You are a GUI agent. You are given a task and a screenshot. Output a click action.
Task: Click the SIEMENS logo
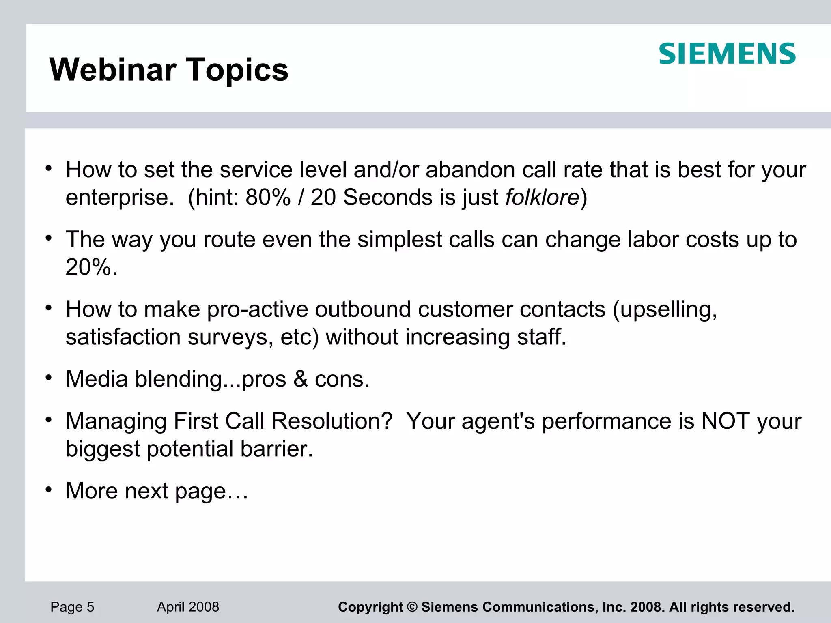727,54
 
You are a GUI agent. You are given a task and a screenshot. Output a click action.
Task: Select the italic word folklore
542,198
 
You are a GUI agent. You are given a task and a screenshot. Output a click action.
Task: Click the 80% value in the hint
268,198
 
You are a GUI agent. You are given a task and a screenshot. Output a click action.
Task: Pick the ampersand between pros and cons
300,379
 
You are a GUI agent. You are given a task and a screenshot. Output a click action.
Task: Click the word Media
97,379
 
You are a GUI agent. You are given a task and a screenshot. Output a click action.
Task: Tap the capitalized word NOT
725,421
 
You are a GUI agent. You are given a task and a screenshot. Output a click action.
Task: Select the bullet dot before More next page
49,490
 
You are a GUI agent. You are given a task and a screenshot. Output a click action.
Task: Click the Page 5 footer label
72,607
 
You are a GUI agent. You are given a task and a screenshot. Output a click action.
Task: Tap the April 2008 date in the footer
188,607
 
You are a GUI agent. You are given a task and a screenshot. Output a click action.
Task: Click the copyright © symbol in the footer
412,607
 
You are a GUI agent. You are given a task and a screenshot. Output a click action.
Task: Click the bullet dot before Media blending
49,378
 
